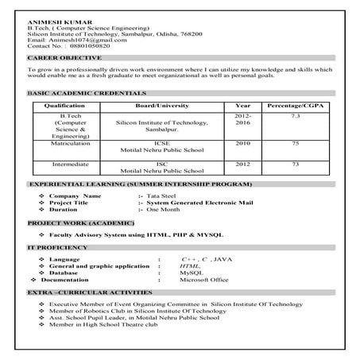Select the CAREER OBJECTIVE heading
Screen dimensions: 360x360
pyautogui.click(x=64, y=59)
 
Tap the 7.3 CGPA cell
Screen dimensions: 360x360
pyautogui.click(x=296, y=117)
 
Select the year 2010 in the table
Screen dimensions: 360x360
pyautogui.click(x=243, y=143)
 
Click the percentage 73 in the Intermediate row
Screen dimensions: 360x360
pyautogui.click(x=296, y=164)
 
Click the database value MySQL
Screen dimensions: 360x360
pyautogui.click(x=192, y=273)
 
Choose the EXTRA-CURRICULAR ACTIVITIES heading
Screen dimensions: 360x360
pyautogui.click(x=83, y=294)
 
